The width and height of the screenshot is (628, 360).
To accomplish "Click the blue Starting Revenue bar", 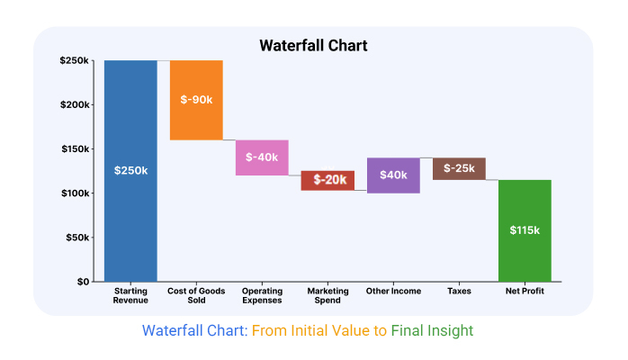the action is coord(130,171).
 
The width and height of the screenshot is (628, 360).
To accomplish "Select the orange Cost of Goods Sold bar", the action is coord(196,100).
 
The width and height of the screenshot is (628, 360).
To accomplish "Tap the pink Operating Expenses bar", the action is coord(262,157).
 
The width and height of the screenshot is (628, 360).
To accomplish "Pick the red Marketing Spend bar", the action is coord(327,181).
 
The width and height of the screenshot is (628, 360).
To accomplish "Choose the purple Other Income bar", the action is coord(393,175).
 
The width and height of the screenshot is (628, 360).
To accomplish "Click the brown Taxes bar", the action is coord(459,168).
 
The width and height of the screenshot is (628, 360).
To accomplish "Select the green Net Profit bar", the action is coord(525,230).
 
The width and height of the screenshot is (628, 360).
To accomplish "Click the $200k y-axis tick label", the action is coord(75,105).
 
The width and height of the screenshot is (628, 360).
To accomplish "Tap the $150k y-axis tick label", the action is coord(75,149).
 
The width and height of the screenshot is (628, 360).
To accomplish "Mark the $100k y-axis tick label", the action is coord(75,193).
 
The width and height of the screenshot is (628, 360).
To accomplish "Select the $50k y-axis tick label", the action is coord(77,238).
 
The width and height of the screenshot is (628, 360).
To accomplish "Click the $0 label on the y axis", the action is coord(83,282).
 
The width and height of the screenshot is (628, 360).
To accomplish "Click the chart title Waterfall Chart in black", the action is coord(313,46).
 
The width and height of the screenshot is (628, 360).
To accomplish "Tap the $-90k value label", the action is coord(196,100).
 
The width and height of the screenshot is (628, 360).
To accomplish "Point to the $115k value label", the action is coord(525,230).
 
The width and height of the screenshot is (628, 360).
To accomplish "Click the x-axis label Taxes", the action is coord(459,291).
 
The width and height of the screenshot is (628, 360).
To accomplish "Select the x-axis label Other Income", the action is coord(393,291).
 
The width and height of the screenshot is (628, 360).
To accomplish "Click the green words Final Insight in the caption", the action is coord(432,331).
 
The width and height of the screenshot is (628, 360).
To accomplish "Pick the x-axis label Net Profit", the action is coord(525,291).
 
